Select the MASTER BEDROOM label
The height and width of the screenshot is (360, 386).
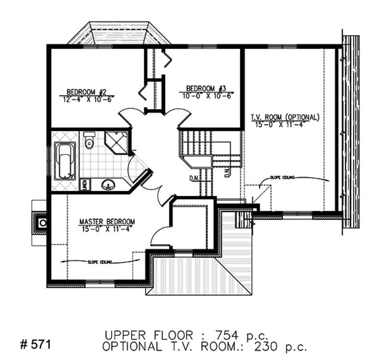pos(107,221)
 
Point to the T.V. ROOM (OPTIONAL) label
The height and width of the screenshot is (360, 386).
pos(285,117)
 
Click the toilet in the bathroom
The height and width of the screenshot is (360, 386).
pos(89,140)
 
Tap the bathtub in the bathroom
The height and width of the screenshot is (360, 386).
pos(64,161)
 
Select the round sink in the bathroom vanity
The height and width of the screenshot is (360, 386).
pos(108,184)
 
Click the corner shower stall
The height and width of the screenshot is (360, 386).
pos(116,141)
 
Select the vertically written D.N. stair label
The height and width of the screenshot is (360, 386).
pos(227,173)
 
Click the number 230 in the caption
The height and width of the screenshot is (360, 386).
pos(271,346)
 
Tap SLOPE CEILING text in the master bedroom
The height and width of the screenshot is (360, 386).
pos(100,262)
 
